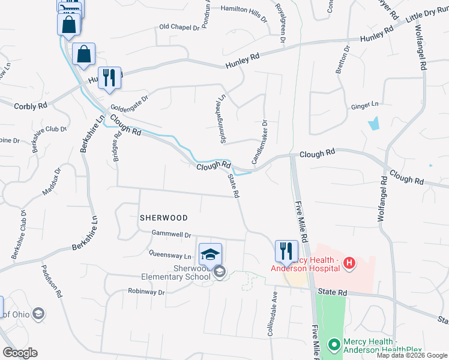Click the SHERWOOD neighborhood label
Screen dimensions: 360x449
pyautogui.click(x=164, y=218)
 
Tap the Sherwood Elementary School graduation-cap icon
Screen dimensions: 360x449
pyautogui.click(x=210, y=254)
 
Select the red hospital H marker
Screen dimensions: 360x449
pyautogui.click(x=349, y=262)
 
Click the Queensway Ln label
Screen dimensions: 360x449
pyautogui.click(x=170, y=255)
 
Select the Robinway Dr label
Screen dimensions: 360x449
pyautogui.click(x=146, y=292)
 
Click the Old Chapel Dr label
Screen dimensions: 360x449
pyautogui.click(x=179, y=27)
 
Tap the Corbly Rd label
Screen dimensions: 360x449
pyautogui.click(x=30, y=106)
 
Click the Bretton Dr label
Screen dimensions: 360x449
pyautogui.click(x=342, y=61)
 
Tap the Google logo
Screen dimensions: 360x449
pyautogui.click(x=20, y=353)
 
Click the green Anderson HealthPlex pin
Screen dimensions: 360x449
pyautogui.click(x=334, y=345)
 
